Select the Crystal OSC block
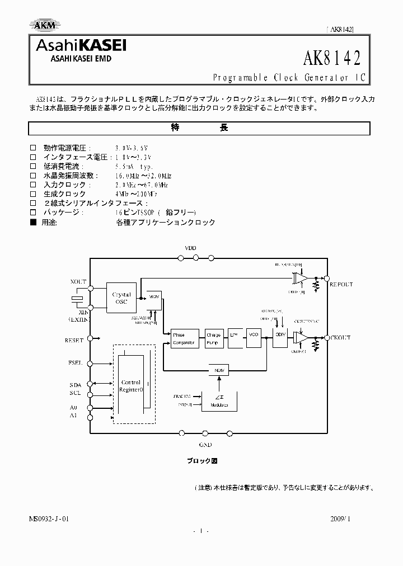121,298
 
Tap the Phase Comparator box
183,339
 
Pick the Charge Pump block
214,339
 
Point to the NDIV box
217,370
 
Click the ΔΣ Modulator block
217,400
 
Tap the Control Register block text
132,386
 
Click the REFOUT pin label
341,285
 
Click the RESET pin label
74,340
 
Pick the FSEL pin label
76,363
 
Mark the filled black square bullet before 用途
32,222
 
